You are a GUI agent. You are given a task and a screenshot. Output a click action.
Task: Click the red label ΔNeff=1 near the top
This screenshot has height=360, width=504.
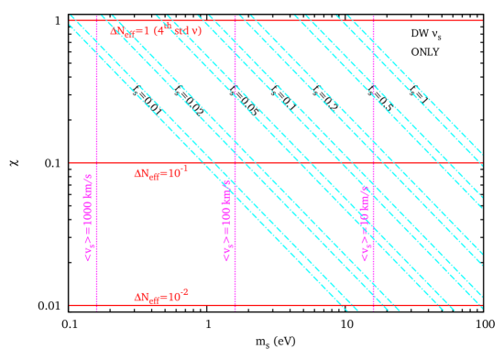click(x=156, y=31)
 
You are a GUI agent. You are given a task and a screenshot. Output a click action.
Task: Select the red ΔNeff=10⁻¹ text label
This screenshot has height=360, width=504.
click(x=160, y=172)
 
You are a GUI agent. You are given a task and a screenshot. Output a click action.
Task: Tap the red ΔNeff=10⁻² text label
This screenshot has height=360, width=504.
click(x=160, y=296)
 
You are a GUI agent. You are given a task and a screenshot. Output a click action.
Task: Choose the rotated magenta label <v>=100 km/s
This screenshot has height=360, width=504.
click(x=226, y=220)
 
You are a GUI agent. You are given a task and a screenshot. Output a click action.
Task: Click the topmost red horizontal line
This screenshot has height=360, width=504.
click(x=275, y=20)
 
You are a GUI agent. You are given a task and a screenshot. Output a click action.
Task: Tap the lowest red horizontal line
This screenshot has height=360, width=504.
click(x=275, y=305)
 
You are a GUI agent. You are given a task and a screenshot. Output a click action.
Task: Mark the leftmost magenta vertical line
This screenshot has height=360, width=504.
click(x=96, y=110)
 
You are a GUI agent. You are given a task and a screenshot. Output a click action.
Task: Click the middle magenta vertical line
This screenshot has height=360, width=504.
click(x=235, y=110)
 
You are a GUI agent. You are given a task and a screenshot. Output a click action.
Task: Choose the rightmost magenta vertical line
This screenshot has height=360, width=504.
click(x=373, y=110)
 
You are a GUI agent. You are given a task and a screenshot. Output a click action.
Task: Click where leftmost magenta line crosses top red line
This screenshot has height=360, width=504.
click(x=96, y=20)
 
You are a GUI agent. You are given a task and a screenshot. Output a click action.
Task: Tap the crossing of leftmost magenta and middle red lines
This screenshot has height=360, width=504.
click(x=96, y=163)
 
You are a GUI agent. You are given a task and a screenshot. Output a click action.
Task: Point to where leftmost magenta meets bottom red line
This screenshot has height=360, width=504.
click(x=96, y=305)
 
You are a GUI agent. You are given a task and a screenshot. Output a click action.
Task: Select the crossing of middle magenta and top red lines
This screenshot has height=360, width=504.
click(x=235, y=20)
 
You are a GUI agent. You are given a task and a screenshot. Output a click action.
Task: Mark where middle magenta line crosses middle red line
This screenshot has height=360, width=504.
click(x=235, y=163)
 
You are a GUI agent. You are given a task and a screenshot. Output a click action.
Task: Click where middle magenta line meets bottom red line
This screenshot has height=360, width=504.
click(x=235, y=305)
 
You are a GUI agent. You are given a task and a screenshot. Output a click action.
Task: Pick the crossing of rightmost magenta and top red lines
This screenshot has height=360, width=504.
click(x=373, y=20)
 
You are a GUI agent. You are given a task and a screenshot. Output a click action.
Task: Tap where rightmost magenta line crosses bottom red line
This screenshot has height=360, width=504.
click(x=373, y=305)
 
